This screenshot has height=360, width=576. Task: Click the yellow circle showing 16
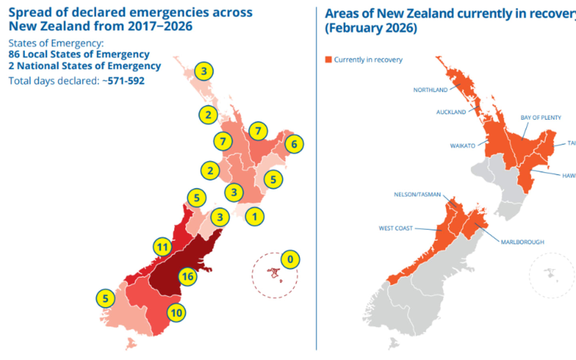coord(188,276)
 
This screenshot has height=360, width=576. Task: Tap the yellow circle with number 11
coord(162,247)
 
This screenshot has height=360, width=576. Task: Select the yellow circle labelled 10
coord(176,313)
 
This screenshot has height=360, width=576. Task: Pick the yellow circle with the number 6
coord(294,144)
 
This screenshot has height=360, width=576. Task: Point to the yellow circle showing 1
coord(254,217)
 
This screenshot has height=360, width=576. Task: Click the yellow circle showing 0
coord(290,260)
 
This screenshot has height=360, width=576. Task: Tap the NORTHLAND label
coord(430,90)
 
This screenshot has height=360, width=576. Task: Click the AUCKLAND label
coord(451,112)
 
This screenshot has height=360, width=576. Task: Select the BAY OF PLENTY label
coord(540,118)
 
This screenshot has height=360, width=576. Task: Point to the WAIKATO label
coord(462,146)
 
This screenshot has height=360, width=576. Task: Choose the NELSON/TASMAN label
coord(417,194)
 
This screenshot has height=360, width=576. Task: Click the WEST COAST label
coord(396,228)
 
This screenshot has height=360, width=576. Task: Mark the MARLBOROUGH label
coord(522,242)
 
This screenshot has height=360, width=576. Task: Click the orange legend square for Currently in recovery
coord(328,60)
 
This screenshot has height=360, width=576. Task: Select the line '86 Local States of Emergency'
coord(79,54)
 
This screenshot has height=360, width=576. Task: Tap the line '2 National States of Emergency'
coord(85,66)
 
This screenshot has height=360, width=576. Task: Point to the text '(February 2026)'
coord(371,28)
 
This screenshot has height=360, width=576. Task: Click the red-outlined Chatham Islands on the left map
coord(274,273)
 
